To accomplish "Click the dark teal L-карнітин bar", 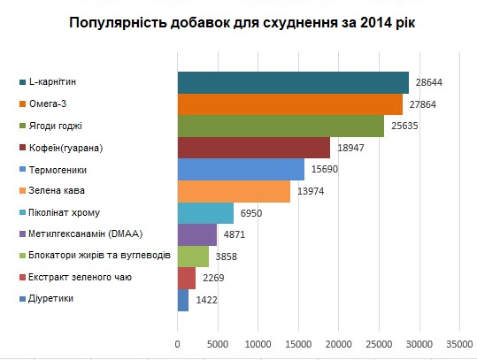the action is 293,83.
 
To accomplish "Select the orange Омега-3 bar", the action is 290,104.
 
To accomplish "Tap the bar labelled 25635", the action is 281,126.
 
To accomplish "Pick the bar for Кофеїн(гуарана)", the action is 254,148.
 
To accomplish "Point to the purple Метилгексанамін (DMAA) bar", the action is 197,234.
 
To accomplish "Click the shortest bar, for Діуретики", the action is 183,301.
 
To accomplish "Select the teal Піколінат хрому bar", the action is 205,213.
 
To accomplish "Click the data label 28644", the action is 429,82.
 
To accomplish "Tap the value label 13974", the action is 311,191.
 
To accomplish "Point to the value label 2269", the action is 213,278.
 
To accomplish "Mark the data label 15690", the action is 325,169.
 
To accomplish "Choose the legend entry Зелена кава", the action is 52,191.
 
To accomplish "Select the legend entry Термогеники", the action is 53,170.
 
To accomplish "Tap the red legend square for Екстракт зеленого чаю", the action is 22,278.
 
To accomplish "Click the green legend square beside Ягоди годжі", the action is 22,126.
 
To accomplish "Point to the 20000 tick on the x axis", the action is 339,344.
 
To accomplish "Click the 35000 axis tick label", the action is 459,344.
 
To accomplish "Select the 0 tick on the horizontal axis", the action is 177,344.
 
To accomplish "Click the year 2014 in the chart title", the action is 375,23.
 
